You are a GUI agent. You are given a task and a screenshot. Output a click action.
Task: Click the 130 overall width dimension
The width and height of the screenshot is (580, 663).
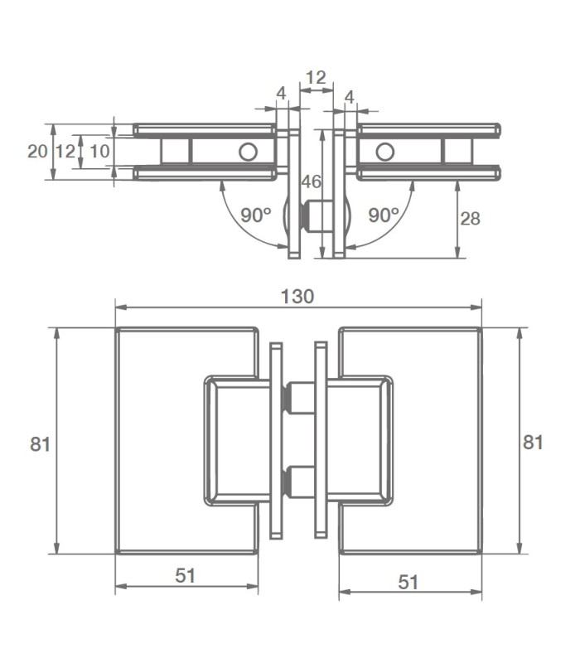point(297,297)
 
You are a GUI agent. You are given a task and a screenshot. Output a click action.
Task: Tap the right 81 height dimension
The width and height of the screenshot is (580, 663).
point(534,442)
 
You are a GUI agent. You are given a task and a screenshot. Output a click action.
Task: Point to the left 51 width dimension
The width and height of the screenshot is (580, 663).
point(185,576)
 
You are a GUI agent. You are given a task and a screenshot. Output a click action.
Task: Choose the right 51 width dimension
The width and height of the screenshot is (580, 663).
point(408,583)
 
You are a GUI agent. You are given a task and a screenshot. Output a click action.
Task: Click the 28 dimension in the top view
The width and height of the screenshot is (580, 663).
point(470,219)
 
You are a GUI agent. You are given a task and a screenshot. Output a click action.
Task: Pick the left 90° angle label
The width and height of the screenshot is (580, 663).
point(256,215)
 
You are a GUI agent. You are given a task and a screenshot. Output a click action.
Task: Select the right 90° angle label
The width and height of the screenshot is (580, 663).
point(384,215)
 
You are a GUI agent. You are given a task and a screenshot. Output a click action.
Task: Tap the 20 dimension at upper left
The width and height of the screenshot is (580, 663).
point(36,152)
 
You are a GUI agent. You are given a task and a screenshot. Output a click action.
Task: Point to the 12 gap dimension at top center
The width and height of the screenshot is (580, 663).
point(316,78)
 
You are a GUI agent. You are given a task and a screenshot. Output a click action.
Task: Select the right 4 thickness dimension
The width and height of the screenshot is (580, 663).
point(349,98)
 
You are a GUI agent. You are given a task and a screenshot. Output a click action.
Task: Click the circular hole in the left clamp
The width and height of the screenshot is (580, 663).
point(247,152)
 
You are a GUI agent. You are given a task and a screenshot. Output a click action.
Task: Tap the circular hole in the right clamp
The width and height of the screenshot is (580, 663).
point(384,152)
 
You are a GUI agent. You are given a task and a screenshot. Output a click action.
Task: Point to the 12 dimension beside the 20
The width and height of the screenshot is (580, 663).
point(65,152)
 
